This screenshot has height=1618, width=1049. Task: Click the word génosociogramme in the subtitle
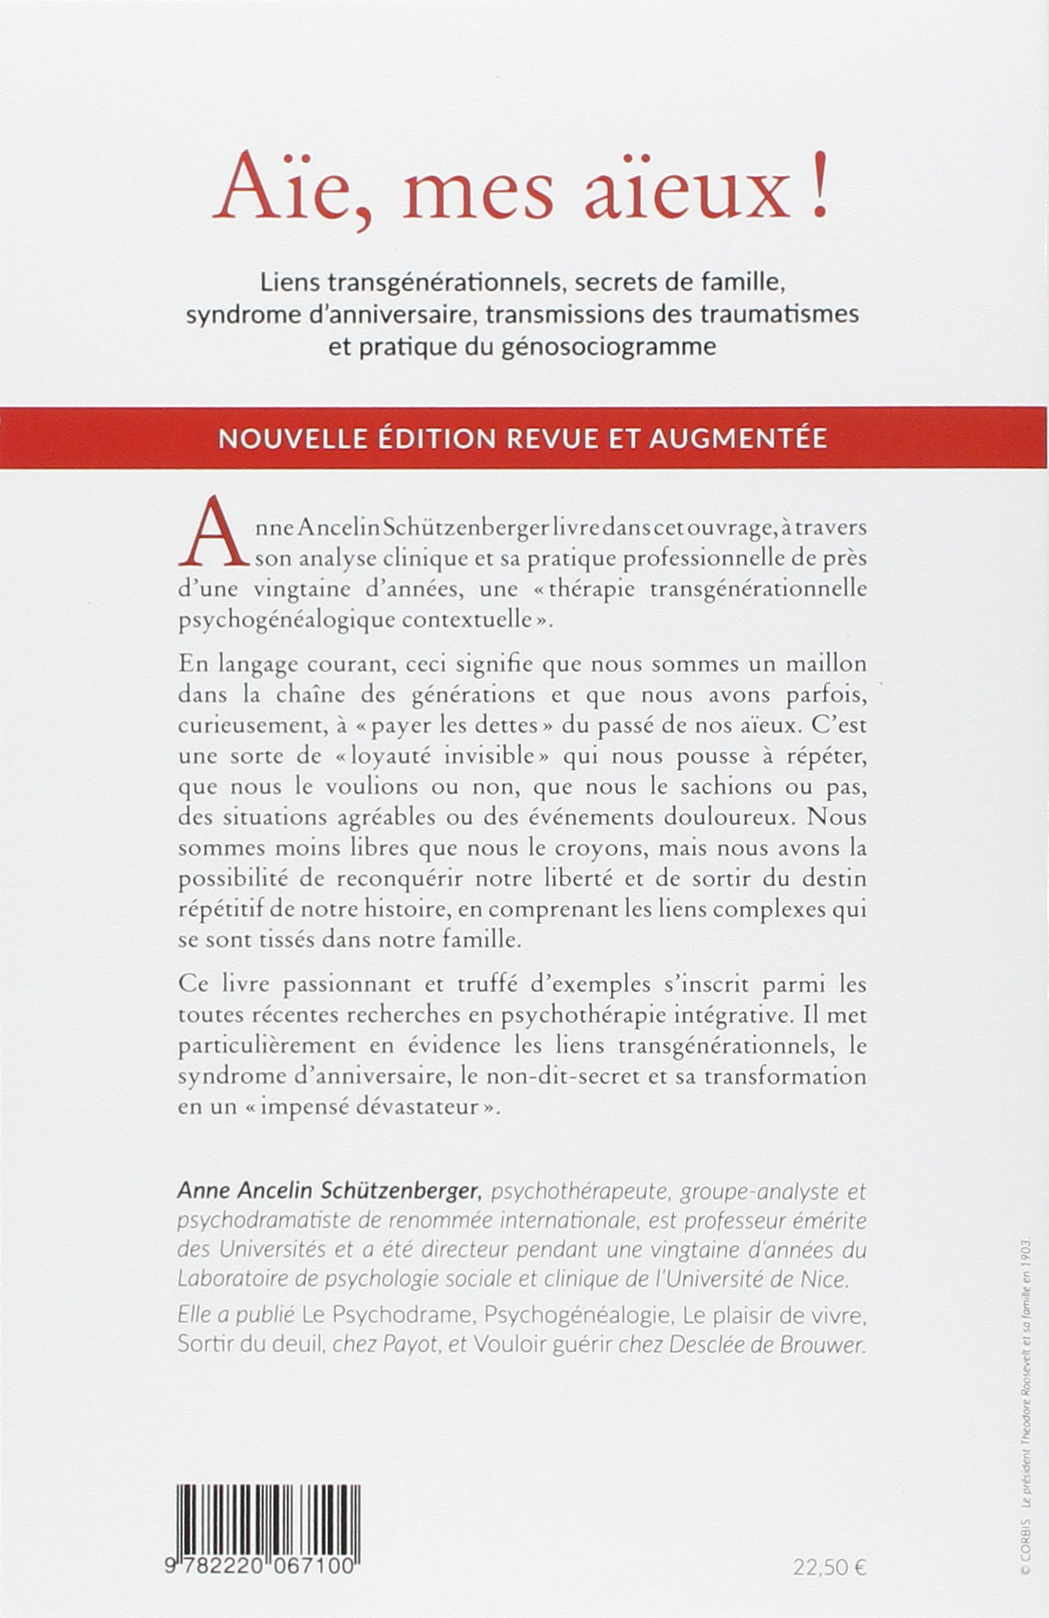[x=609, y=347]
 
